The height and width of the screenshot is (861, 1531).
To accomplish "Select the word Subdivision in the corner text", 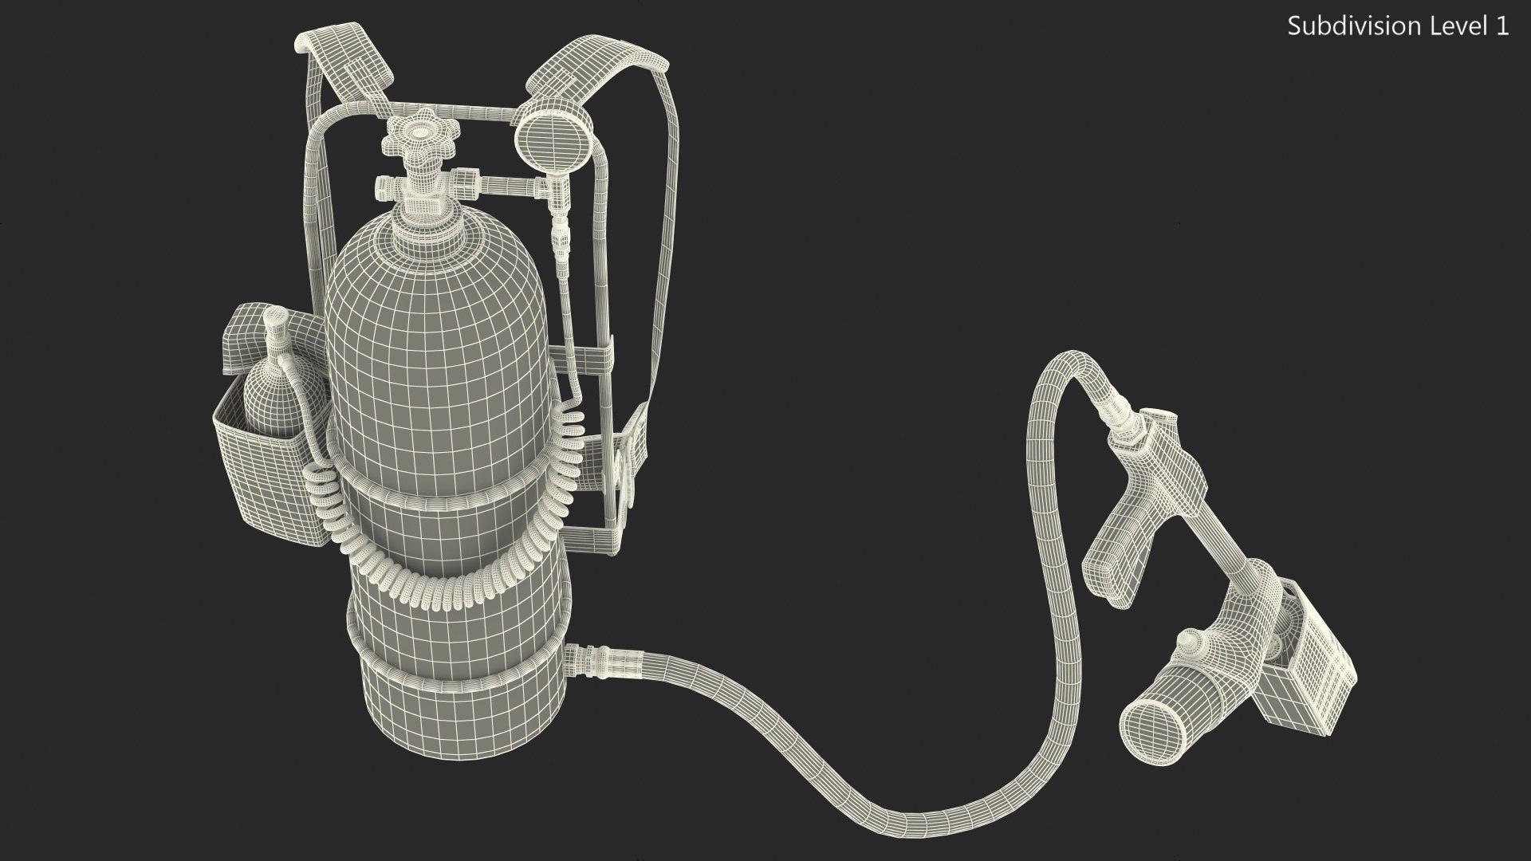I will [1348, 26].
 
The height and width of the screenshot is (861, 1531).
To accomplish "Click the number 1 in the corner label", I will [1502, 26].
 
